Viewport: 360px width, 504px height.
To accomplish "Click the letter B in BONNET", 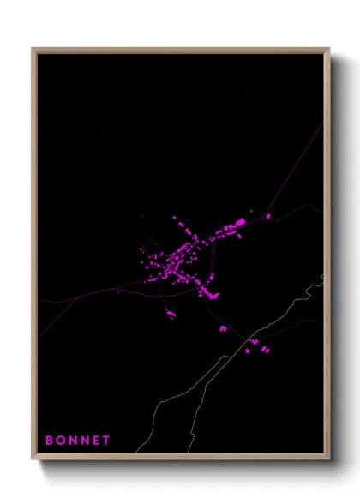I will coord(49,441).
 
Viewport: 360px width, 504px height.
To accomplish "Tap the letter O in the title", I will coord(60,441).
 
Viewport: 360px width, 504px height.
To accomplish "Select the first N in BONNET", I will coord(72,441).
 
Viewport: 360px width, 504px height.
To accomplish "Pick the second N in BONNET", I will coord(84,441).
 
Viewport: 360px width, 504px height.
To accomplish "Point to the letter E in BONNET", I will coord(95,441).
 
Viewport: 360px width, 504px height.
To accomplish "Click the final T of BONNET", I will coord(106,441).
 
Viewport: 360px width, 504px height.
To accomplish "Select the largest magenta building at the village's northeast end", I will coord(241,222).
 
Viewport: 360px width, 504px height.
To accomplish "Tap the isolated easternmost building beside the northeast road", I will coord(268,216).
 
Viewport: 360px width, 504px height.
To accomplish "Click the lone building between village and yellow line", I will coord(223,328).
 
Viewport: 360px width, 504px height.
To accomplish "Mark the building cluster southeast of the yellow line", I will coord(256,346).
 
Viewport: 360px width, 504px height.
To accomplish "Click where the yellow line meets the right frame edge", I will coord(323,276).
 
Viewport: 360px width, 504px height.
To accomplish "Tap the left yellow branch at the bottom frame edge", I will coord(138,452).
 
